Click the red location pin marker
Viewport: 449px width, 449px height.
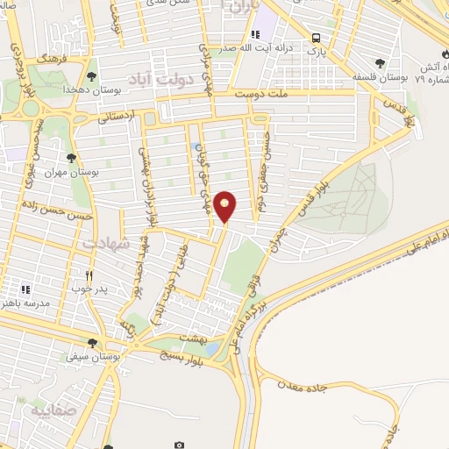pos(225,207)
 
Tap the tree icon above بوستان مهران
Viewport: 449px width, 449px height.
pos(72,158)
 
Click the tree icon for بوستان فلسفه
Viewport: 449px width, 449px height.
pos(379,62)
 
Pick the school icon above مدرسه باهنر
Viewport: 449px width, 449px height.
pos(25,289)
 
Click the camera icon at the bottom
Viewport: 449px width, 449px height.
pos(180,445)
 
